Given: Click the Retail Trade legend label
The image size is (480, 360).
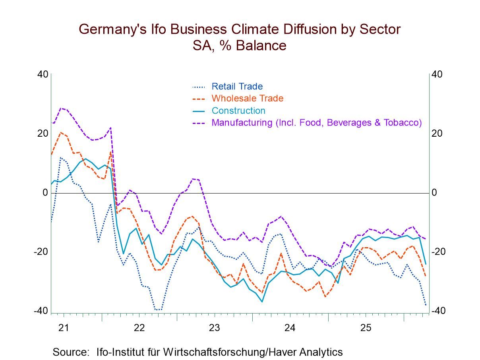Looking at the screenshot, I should pyautogui.click(x=237, y=86).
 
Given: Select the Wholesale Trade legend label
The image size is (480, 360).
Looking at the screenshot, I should pyautogui.click(x=247, y=98).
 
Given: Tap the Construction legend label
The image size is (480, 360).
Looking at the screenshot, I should pyautogui.click(x=238, y=110).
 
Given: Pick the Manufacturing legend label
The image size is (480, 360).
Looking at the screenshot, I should pyautogui.click(x=316, y=122).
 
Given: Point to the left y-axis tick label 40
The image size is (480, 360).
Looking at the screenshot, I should pyautogui.click(x=43, y=75).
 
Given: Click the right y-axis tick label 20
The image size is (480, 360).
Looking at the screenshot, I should pyautogui.click(x=437, y=134).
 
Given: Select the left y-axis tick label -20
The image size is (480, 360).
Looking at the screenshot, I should pyautogui.click(x=41, y=252).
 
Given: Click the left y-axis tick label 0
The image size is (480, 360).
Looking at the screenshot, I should pyautogui.click(x=45, y=193).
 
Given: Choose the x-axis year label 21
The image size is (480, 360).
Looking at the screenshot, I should pyautogui.click(x=64, y=328).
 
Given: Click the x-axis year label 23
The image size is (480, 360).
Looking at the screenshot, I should pyautogui.click(x=215, y=328).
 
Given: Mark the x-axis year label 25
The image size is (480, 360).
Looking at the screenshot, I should pyautogui.click(x=366, y=328).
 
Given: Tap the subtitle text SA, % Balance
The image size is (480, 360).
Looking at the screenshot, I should pyautogui.click(x=240, y=45).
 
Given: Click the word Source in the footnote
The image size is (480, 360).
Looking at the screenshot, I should pyautogui.click(x=70, y=352).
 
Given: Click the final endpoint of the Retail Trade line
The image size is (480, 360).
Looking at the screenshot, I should pyautogui.click(x=426, y=306).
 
